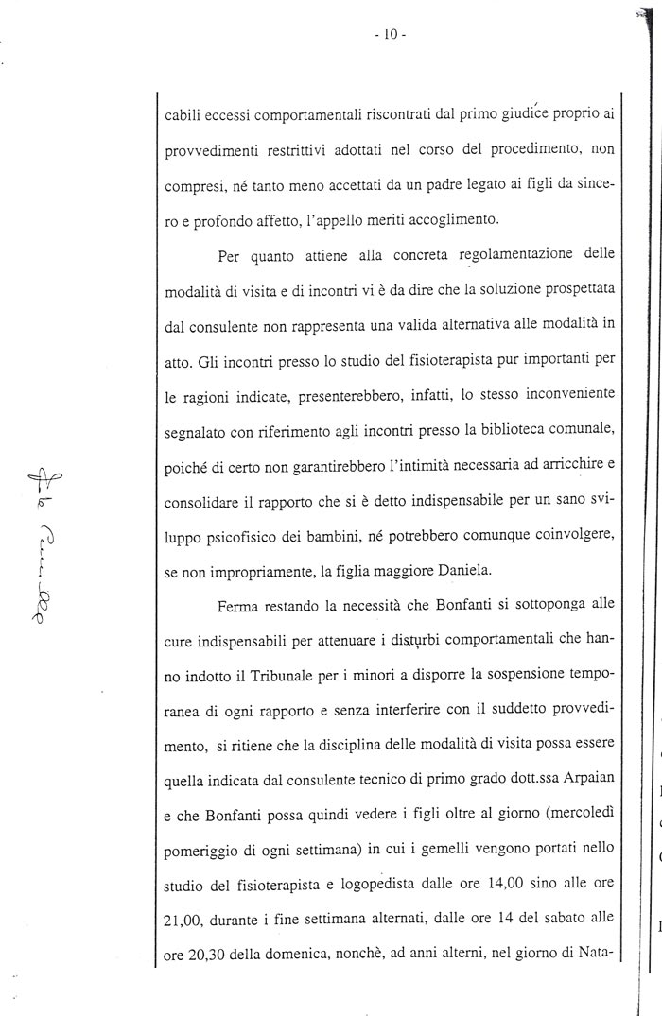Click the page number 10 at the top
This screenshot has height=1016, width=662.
pos(390,35)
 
